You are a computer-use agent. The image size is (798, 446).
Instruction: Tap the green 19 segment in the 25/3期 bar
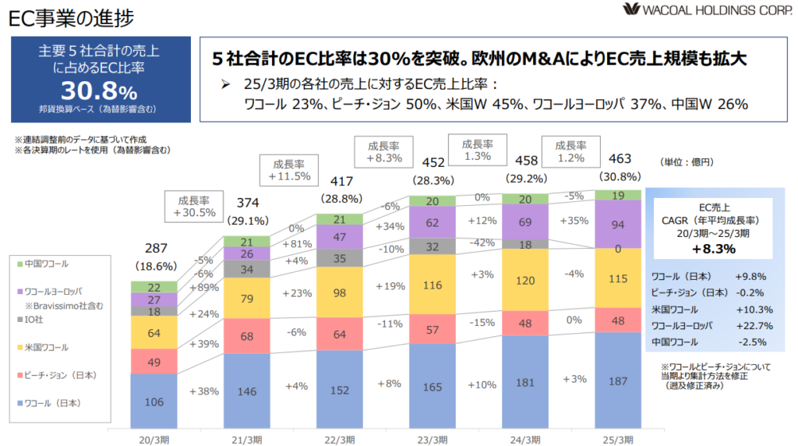(617, 196)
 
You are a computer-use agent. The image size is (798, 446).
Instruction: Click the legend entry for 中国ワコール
(47, 265)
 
